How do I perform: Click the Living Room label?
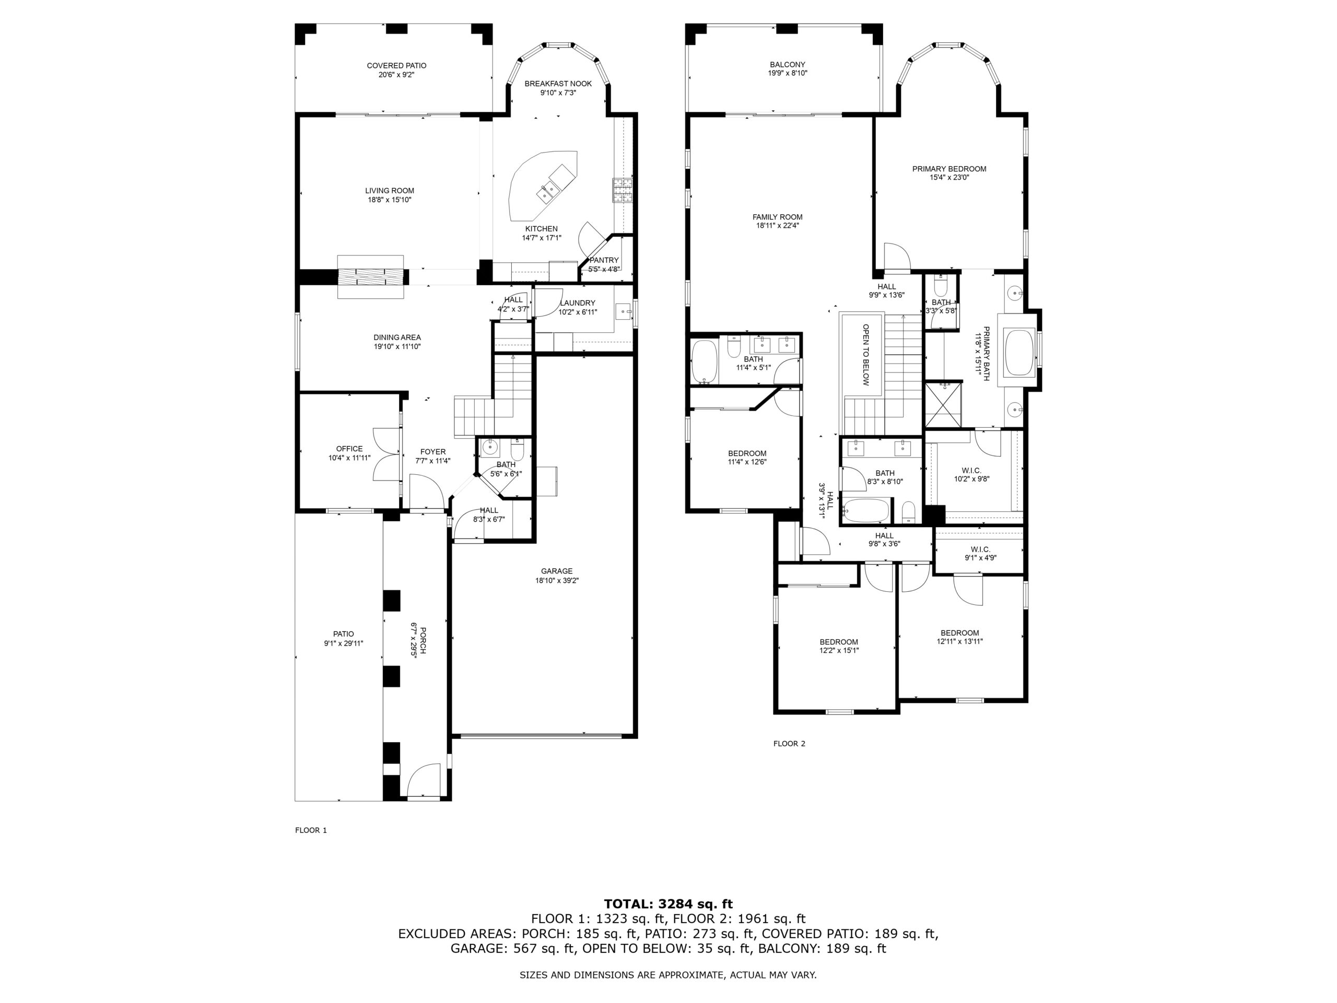[x=389, y=191]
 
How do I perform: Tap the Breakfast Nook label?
[x=558, y=84]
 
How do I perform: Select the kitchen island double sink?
[x=550, y=192]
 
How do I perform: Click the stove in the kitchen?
[x=622, y=191]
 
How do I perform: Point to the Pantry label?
[x=604, y=261]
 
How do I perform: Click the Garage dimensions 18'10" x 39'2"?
[x=557, y=580]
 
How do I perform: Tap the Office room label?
[x=349, y=449]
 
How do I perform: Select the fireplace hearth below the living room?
[x=370, y=277]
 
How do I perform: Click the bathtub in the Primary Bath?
[x=1019, y=353]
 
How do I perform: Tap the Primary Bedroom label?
[x=949, y=169]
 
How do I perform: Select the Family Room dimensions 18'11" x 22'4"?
[x=777, y=226]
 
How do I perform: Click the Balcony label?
[x=787, y=65]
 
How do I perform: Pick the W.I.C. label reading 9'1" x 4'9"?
[x=980, y=558]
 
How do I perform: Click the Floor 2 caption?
[x=789, y=744]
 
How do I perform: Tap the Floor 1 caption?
[x=311, y=830]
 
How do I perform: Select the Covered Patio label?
[x=396, y=66]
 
